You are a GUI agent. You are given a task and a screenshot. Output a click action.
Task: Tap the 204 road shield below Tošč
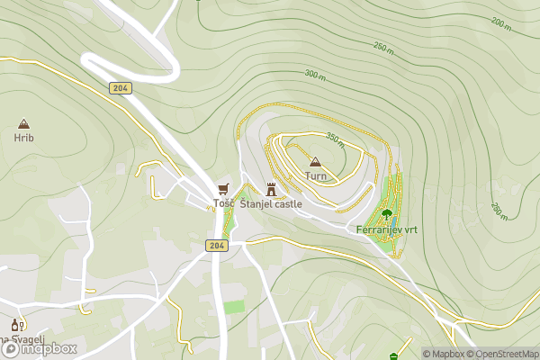point(215,245)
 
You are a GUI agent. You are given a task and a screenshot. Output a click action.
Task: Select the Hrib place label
point(23,138)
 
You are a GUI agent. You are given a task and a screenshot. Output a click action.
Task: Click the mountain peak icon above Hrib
point(23,123)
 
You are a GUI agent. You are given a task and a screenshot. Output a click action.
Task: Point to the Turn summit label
point(316,176)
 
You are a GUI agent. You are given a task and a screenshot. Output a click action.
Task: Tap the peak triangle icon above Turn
point(315,162)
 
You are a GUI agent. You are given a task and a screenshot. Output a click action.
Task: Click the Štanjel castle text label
point(271,204)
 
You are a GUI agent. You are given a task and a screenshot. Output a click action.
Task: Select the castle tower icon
point(271,189)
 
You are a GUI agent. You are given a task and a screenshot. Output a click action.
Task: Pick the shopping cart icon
point(224,189)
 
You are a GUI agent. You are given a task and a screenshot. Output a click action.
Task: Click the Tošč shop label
point(224,203)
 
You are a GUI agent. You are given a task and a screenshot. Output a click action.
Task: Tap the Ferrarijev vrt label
point(387,229)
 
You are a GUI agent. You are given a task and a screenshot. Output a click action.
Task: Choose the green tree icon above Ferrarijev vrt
point(387,214)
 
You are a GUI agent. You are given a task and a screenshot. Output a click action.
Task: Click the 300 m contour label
point(314,74)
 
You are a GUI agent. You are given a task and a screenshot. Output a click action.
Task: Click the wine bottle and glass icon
point(15,325)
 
